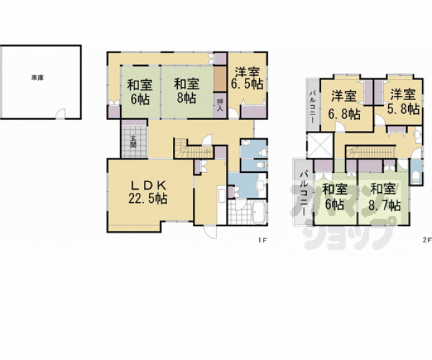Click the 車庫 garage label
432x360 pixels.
coord(38,78)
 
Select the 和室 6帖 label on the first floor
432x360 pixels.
coord(140,91)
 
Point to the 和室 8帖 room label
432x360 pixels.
coord(187,91)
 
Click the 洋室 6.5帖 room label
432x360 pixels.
coord(247,78)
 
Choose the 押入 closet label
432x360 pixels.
coord(220,105)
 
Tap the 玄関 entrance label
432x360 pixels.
coord(133,141)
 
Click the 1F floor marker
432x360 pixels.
coord(262,240)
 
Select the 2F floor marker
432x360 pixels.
coord(427,240)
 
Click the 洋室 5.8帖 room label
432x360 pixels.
coord(403,101)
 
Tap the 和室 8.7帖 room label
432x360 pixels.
coord(384,197)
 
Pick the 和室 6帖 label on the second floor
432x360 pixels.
coord(335,197)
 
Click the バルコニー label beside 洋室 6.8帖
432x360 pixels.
coord(313,107)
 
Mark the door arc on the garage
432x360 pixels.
coord(61,113)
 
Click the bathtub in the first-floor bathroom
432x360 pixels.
coord(259,212)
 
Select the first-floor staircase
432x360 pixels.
coord(193,149)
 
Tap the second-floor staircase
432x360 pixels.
coord(370,152)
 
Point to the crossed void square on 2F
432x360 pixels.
coord(320,145)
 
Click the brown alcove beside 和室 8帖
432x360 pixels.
coord(220,79)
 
